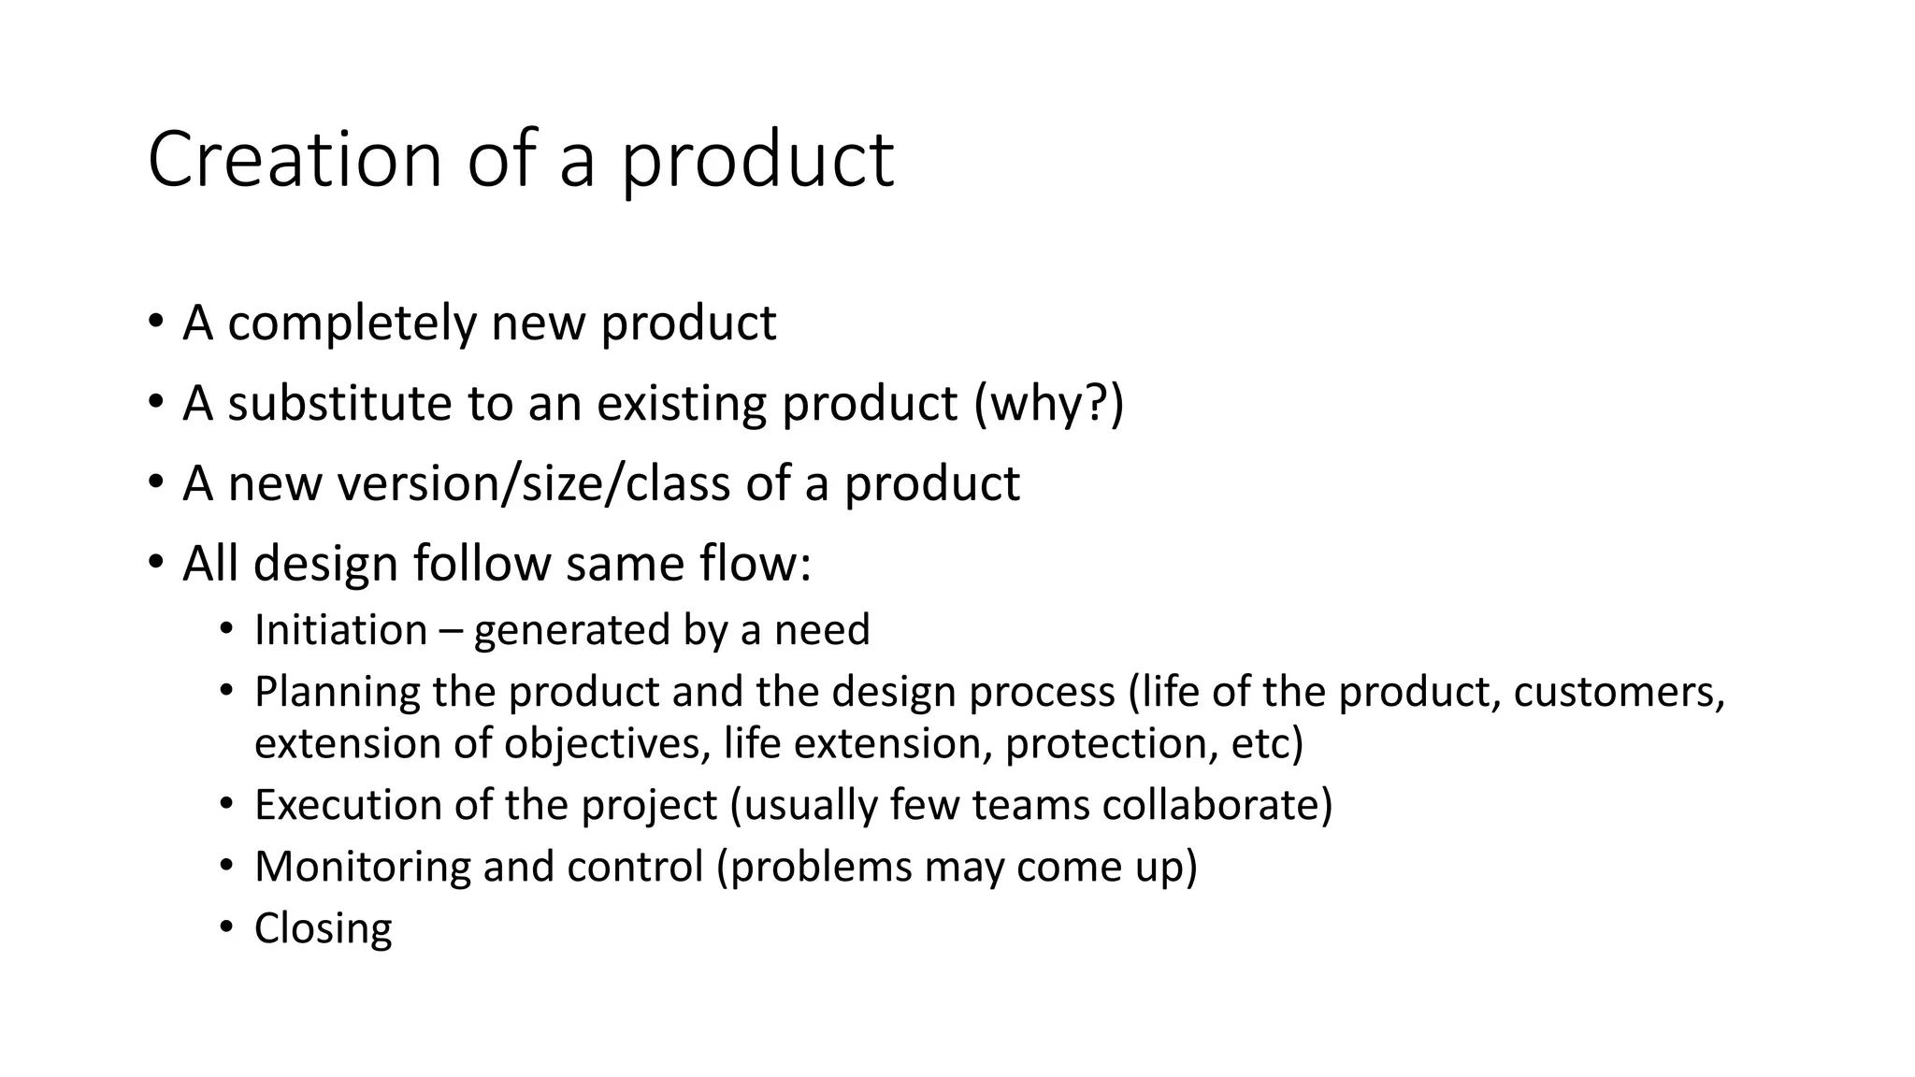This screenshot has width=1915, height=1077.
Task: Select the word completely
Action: (352, 323)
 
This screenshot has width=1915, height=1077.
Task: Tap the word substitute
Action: (340, 404)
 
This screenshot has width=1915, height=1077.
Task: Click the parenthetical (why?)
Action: (1048, 404)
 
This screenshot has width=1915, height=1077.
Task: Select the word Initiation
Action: (340, 630)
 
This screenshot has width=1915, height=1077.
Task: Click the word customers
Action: (1619, 693)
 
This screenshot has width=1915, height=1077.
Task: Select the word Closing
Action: (323, 929)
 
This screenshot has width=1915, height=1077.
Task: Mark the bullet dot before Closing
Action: (225, 927)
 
